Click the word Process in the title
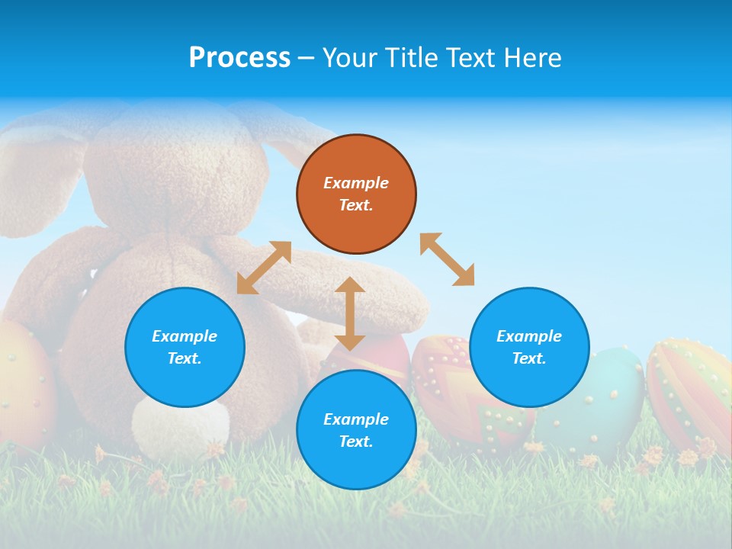[239, 58]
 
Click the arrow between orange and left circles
[264, 268]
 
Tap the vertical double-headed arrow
[350, 313]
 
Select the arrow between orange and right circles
[448, 259]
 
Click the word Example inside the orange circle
[356, 183]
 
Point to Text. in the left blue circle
[185, 358]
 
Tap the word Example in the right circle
[529, 336]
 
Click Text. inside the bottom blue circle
[356, 441]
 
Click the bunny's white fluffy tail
[181, 427]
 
